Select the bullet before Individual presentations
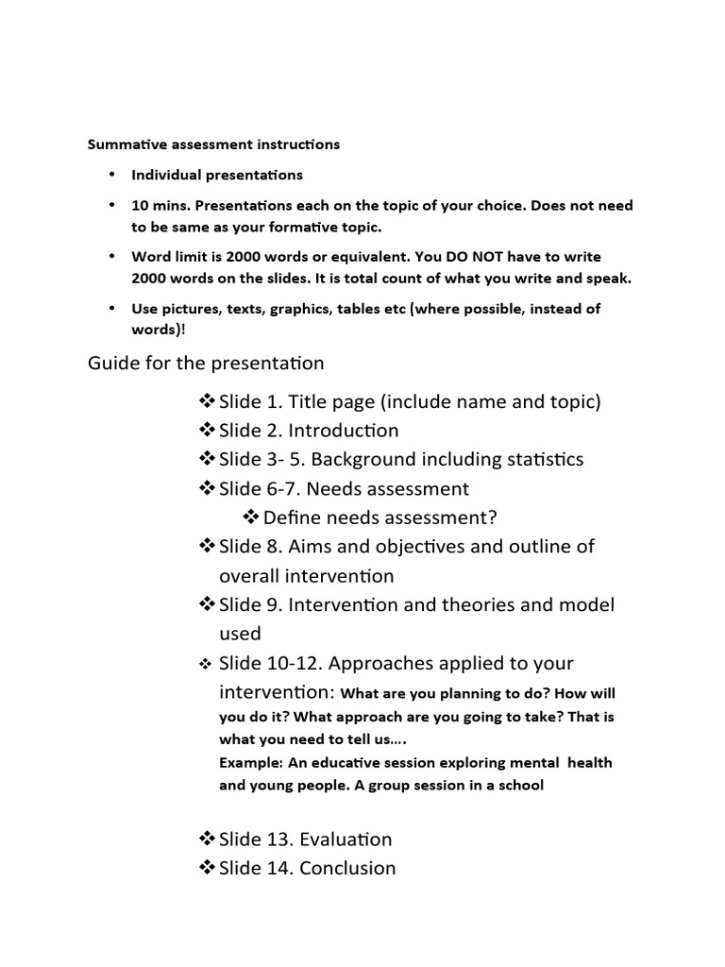[x=111, y=175]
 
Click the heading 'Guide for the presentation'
[x=206, y=363]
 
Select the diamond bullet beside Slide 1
[x=208, y=401]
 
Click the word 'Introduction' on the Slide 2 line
[x=344, y=431]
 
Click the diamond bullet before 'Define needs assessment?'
[x=251, y=517]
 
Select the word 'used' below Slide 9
[x=241, y=634]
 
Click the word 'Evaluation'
[x=345, y=840]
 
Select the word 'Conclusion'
[x=347, y=868]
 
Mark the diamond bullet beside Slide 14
[x=208, y=868]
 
